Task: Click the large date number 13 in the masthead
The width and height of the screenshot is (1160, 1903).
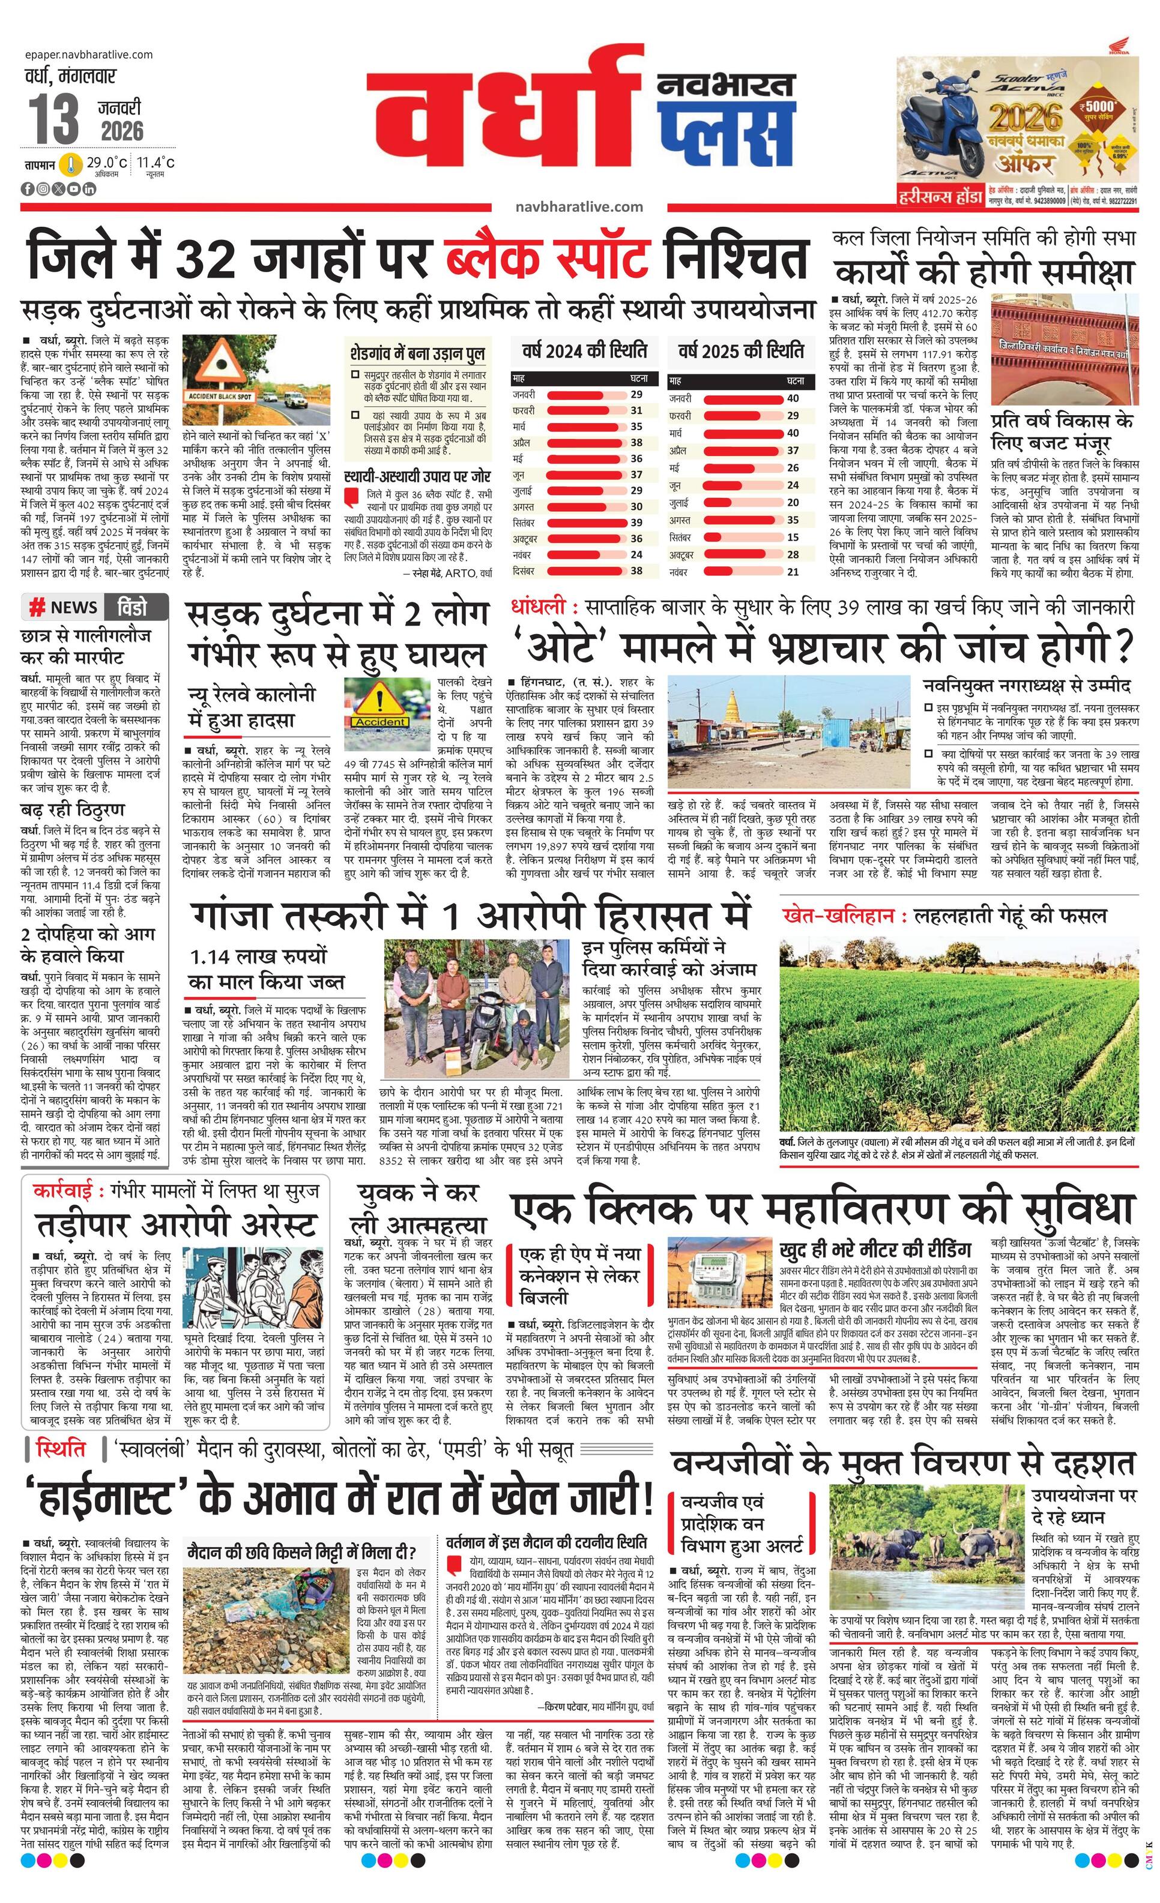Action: coord(55,119)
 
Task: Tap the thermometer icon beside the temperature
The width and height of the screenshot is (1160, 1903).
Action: coord(72,164)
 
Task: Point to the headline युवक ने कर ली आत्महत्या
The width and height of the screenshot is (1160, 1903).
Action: coord(418,1207)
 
